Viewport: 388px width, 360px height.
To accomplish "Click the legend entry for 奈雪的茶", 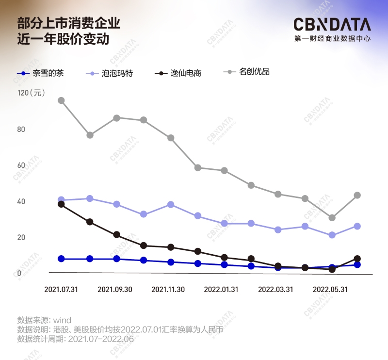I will point(46,74).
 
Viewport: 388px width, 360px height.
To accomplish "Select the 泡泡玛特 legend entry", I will point(117,74).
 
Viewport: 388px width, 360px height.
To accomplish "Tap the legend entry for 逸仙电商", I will point(185,74).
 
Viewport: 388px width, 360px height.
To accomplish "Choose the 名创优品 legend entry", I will point(254,72).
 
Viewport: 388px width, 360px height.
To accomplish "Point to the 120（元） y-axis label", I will point(31,93).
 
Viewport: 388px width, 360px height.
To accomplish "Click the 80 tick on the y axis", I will point(21,130).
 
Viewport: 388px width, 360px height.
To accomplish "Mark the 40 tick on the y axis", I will point(21,201).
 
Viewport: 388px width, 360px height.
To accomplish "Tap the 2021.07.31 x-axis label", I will point(61,289).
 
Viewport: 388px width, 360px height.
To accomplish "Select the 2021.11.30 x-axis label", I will point(168,289).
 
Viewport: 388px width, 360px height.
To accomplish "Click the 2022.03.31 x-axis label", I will point(275,289).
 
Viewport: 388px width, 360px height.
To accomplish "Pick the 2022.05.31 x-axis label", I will point(329,289).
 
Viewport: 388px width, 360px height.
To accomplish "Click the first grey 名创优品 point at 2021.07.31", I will point(61,100).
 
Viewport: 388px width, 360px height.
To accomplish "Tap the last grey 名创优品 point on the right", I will point(357,195).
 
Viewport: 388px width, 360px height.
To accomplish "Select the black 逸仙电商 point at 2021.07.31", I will point(61,204).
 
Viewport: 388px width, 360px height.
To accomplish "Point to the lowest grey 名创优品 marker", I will point(332,218).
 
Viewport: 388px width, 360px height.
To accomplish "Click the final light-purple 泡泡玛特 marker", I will point(357,226).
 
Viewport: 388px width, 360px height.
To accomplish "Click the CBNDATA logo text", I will point(332,24).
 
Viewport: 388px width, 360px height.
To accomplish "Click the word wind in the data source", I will point(62,320).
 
